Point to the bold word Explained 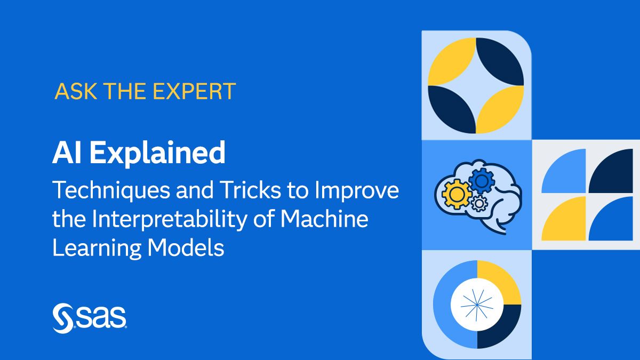[x=157, y=154]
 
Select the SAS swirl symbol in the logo [x=63, y=318]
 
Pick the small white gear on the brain [x=479, y=203]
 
